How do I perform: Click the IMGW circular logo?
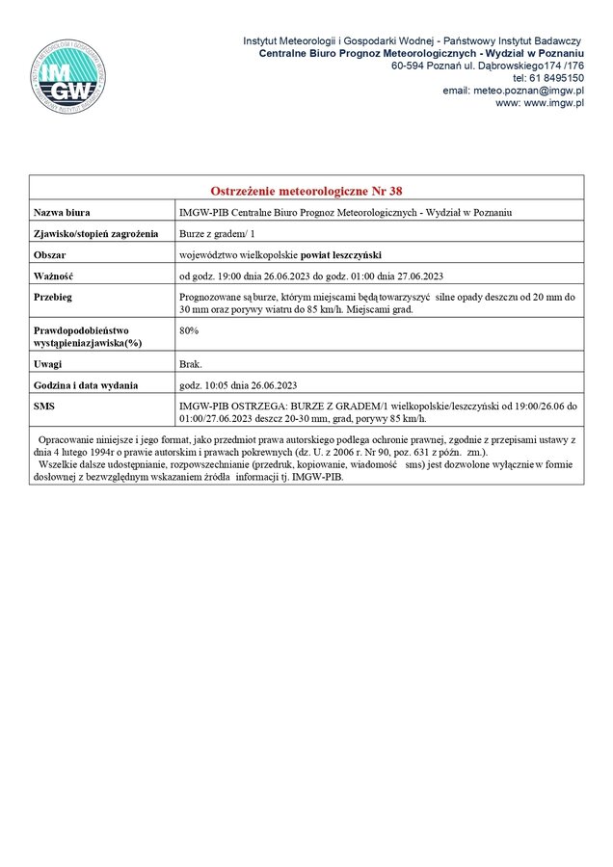click(67, 77)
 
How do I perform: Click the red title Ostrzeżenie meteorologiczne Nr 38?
click(306, 191)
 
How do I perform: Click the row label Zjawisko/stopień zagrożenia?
click(95, 233)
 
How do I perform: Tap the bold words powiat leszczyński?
click(340, 254)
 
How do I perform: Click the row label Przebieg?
click(54, 298)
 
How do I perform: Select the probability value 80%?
click(190, 330)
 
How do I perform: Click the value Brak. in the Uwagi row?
click(191, 364)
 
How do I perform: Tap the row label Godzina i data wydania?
click(86, 385)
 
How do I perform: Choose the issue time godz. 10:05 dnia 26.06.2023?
click(239, 385)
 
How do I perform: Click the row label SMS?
click(44, 407)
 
